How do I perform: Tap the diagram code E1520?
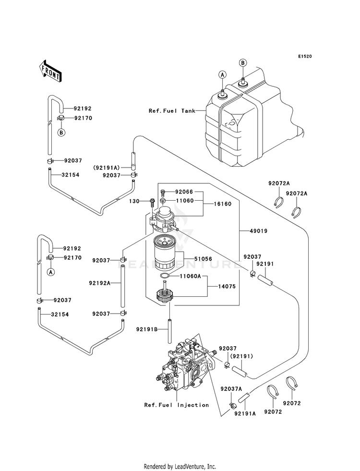[x=304, y=57]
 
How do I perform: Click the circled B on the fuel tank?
[x=243, y=63]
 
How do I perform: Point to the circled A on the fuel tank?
[x=223, y=74]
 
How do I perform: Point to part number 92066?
[x=183, y=191]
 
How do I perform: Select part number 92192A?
[x=100, y=283]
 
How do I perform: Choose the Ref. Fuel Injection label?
[x=177, y=405]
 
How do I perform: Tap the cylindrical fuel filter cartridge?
[x=167, y=254]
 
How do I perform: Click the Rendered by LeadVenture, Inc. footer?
[x=180, y=466]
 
